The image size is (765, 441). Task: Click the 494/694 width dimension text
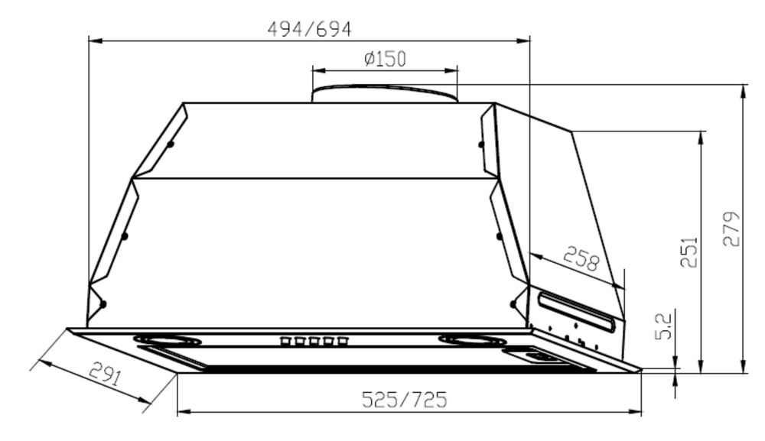(309, 29)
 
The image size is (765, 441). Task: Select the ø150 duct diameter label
(384, 59)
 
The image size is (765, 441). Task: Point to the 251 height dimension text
(690, 251)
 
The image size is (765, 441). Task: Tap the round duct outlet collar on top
(384, 94)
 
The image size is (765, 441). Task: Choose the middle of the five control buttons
(314, 342)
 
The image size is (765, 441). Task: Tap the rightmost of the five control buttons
(343, 342)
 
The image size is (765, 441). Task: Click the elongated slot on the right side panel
(575, 312)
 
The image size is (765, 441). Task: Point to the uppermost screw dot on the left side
(170, 144)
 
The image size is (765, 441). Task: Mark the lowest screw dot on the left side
(102, 304)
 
